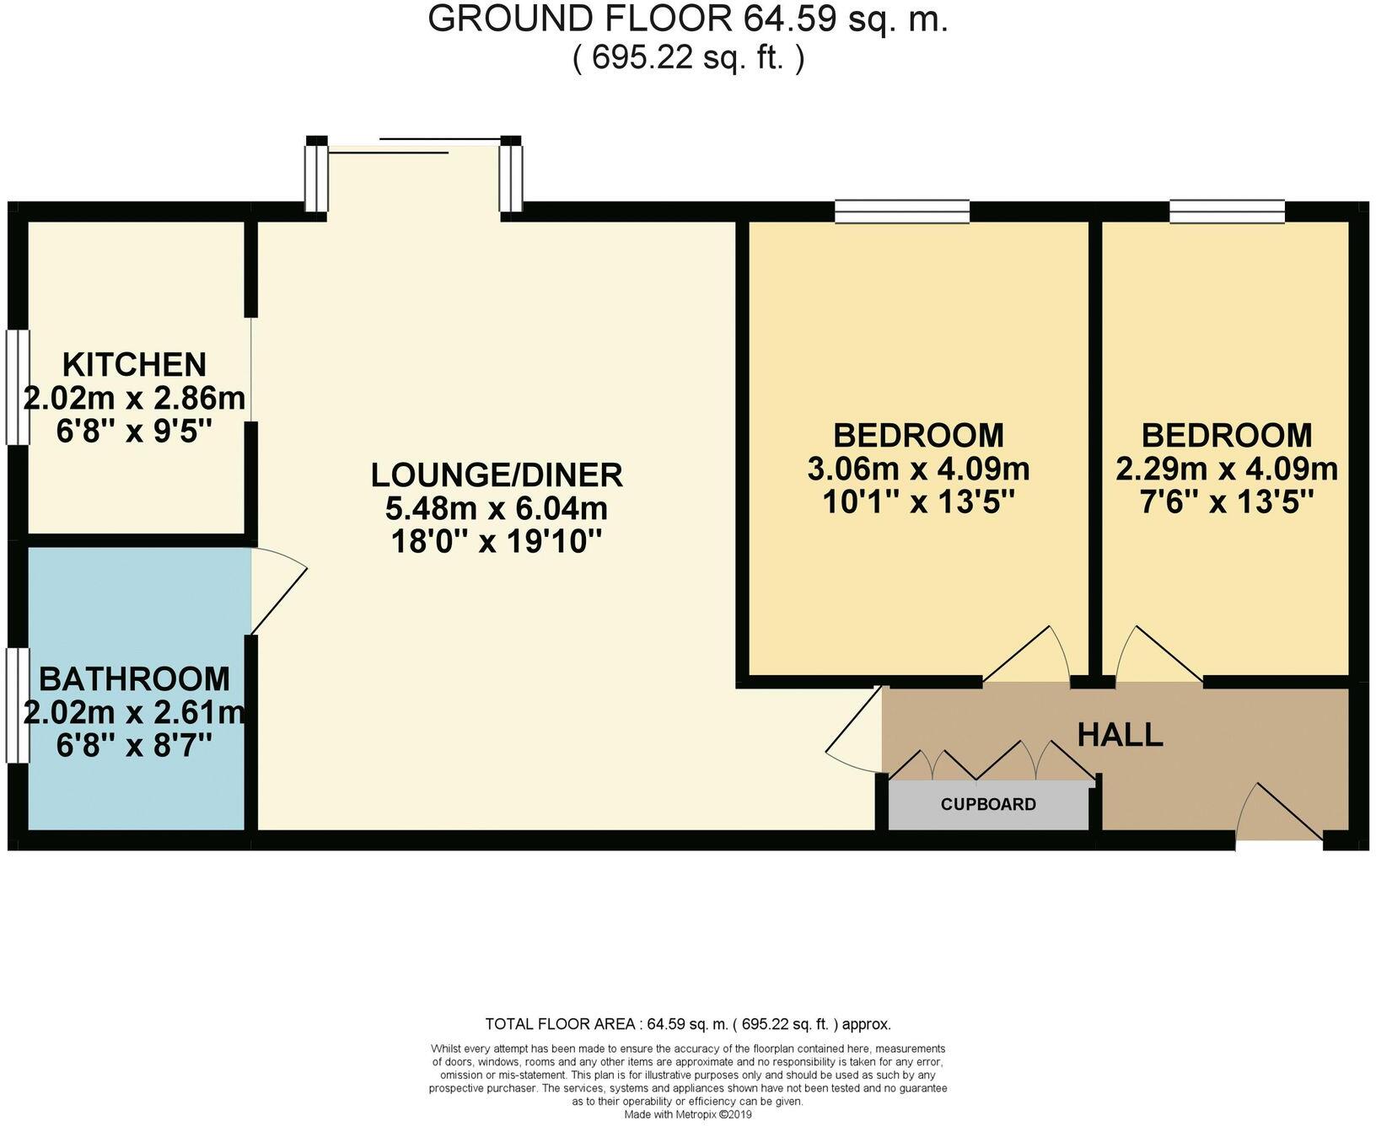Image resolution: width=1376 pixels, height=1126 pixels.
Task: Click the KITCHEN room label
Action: point(134,364)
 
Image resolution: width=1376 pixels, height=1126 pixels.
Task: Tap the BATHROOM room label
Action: point(134,678)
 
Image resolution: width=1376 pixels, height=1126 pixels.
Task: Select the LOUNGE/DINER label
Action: point(497,475)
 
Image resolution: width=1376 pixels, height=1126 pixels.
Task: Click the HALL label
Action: point(1120,735)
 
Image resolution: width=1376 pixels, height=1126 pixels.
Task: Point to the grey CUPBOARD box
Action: point(988,805)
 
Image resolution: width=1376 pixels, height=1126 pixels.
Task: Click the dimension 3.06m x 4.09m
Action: point(918,469)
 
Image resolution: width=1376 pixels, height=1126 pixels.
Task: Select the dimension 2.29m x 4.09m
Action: point(1226,469)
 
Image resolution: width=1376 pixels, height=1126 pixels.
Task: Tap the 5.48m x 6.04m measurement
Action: point(497,509)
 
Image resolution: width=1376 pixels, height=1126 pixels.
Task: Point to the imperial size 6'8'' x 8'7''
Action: point(134,746)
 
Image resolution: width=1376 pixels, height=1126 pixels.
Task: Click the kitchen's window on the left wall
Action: point(18,386)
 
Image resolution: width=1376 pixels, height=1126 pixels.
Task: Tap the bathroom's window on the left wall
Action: point(18,705)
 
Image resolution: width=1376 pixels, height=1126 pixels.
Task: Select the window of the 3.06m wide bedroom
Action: point(902,211)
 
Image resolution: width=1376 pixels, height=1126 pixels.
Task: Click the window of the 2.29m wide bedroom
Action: point(1227,211)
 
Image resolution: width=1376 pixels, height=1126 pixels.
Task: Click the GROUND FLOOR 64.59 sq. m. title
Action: point(688,19)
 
